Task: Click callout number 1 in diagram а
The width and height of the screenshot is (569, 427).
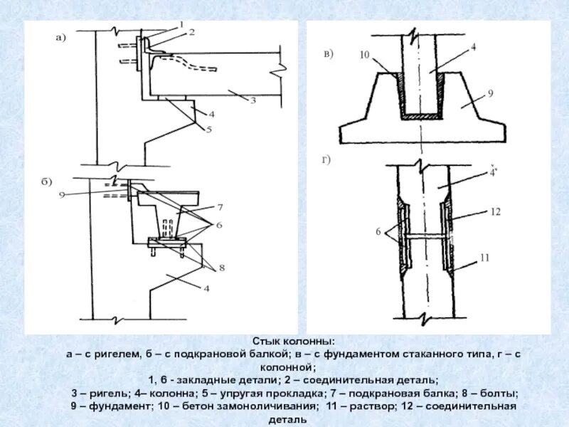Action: click(x=181, y=24)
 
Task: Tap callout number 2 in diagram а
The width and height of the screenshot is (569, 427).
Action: click(x=191, y=32)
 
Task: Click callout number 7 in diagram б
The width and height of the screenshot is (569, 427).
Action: click(x=220, y=207)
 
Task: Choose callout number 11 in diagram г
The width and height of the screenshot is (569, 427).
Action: click(x=484, y=258)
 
